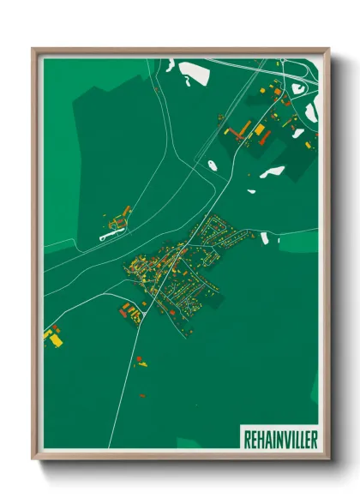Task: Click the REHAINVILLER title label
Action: pyautogui.click(x=279, y=438)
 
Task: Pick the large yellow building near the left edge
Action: pyautogui.click(x=56, y=340)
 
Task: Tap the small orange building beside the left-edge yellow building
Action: pyautogui.click(x=48, y=331)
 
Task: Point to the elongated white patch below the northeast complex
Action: pyautogui.click(x=273, y=171)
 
